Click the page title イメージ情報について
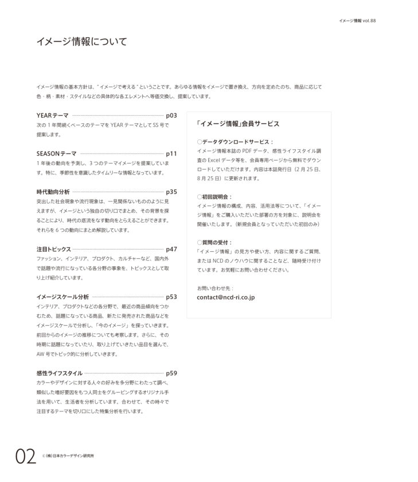[81, 42]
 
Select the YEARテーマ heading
[52, 115]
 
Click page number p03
[171, 115]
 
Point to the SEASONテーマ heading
[56, 154]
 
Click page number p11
[171, 154]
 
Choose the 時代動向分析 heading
[53, 192]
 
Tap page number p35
[171, 192]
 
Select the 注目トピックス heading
[53, 249]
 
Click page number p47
[171, 249]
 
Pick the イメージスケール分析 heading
[62, 297]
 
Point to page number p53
[171, 297]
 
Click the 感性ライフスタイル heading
[59, 373]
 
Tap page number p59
[171, 373]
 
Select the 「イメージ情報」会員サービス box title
[237, 123]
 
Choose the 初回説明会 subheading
[217, 196]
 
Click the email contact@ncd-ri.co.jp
[225, 297]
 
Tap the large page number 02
[25, 457]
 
